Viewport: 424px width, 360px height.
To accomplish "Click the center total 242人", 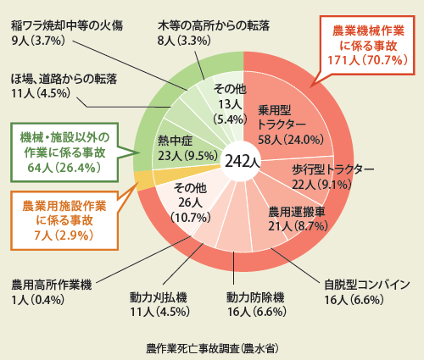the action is click(242, 162).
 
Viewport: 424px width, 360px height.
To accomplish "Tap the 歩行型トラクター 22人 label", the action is click(332, 177).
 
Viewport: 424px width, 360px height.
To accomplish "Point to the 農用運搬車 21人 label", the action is click(298, 219).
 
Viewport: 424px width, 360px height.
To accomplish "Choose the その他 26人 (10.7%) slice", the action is click(190, 203).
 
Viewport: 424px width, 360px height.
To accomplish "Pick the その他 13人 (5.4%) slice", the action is click(230, 104).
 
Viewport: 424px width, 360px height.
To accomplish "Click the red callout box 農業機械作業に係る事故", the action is click(368, 45).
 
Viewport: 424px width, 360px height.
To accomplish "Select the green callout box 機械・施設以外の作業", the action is click(64, 152).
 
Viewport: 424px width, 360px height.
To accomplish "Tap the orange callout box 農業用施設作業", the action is click(64, 220).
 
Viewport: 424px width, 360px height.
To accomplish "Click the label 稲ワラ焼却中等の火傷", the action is click(67, 33).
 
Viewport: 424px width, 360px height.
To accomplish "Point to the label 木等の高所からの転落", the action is click(214, 33).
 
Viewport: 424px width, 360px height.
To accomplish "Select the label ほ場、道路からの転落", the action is click(64, 86).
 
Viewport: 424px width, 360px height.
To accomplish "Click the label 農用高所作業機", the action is click(52, 292).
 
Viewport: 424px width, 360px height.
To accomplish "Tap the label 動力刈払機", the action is click(159, 304).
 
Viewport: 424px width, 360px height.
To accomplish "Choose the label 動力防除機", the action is click(257, 304).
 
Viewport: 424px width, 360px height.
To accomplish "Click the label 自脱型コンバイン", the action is click(366, 292).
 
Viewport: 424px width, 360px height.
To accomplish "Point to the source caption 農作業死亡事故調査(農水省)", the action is click(212, 348).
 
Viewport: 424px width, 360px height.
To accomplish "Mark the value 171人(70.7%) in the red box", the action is click(367, 60).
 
